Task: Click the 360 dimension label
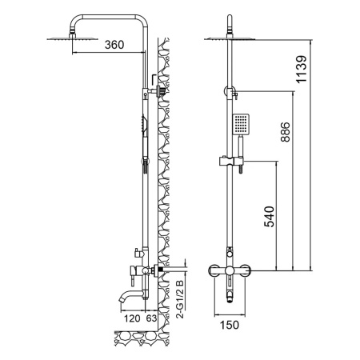(114, 45)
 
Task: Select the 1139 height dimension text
(302, 70)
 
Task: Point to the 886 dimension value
(285, 132)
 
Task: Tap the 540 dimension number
(269, 217)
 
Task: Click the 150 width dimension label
(230, 325)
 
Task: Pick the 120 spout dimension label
(132, 318)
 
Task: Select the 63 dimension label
(151, 318)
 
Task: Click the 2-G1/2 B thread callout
(180, 299)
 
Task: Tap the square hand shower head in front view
(241, 124)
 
